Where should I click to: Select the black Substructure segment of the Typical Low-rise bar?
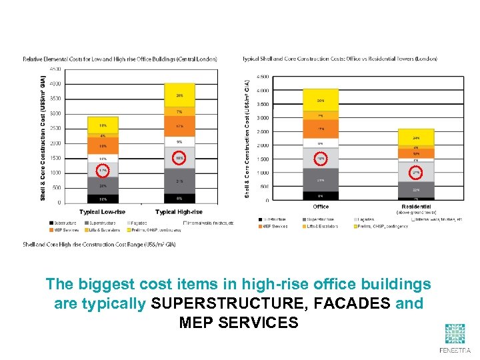(103, 198)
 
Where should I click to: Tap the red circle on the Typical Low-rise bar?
(103, 171)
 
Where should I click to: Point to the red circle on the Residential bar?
(416, 173)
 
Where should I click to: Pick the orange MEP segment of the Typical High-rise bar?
(179, 126)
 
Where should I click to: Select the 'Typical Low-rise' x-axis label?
(103, 212)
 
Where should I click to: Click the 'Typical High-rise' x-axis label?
(179, 212)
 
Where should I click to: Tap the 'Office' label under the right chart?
(321, 207)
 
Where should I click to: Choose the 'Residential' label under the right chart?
(416, 207)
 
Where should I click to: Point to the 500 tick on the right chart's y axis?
(265, 187)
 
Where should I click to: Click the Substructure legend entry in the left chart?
(65, 223)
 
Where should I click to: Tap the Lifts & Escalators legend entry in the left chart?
(101, 229)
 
